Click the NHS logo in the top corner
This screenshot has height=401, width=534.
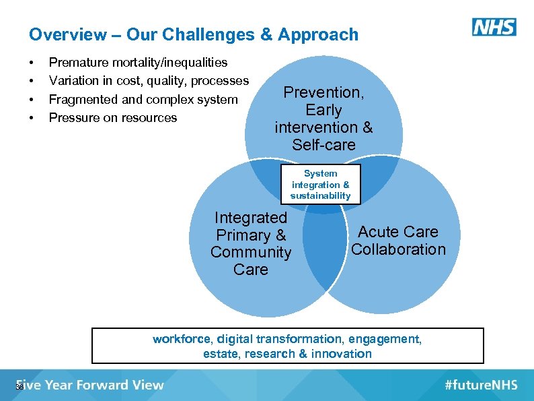point(494,27)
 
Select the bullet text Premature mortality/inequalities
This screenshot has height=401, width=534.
point(139,63)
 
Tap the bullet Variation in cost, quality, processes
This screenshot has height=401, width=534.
point(149,81)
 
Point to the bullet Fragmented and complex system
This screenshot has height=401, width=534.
point(143,99)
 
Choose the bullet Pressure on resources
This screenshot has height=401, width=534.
point(113,117)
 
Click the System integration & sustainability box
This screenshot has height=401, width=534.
point(320,184)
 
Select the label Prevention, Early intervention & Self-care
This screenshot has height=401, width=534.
point(323,118)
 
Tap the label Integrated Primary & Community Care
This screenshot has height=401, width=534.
point(251,243)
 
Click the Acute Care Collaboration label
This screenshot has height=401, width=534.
point(398,241)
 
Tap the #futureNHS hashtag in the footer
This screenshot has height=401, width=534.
point(481,385)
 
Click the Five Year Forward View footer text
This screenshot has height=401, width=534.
point(90,385)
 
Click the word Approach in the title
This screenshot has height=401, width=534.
point(318,34)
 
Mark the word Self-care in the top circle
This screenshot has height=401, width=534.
point(323,144)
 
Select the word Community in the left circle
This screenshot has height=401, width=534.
point(251,252)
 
